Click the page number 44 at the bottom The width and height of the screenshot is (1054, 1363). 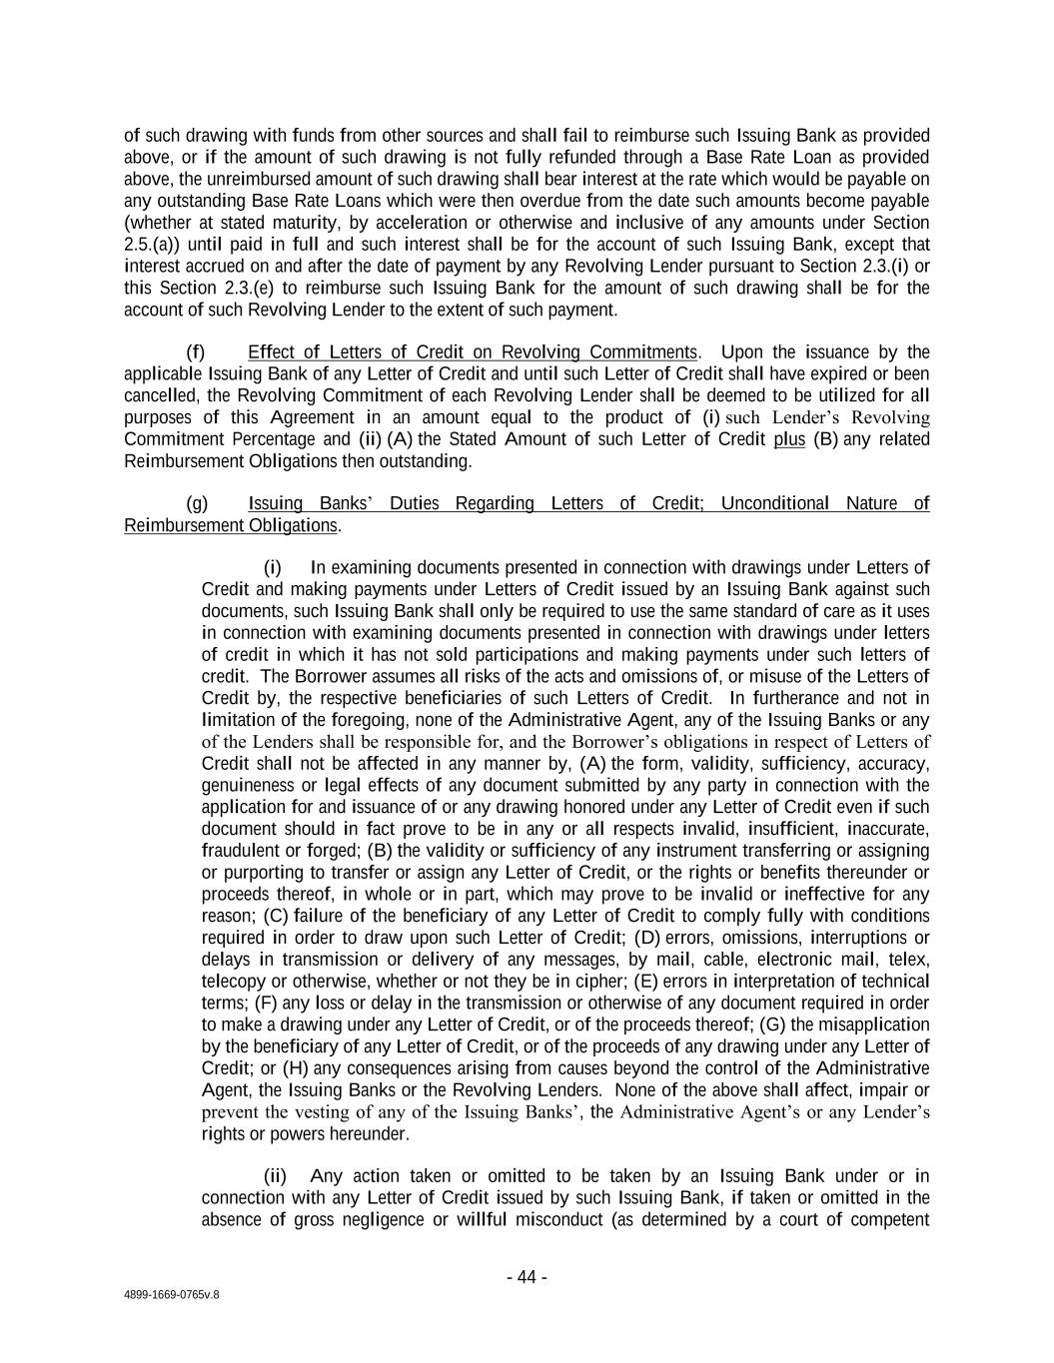pyautogui.click(x=527, y=1277)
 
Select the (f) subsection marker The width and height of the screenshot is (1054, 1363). pyautogui.click(x=196, y=351)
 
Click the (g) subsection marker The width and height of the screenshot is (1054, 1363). pyautogui.click(x=197, y=503)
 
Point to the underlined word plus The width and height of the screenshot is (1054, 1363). pyautogui.click(x=789, y=439)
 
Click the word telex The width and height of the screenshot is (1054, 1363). pyautogui.click(x=910, y=960)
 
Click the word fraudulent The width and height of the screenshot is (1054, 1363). pyautogui.click(x=241, y=851)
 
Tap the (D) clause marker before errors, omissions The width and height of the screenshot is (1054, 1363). pyautogui.click(x=647, y=938)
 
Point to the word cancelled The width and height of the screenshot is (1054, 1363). pyautogui.click(x=160, y=395)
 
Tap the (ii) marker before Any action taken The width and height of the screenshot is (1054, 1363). pyautogui.click(x=275, y=1176)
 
